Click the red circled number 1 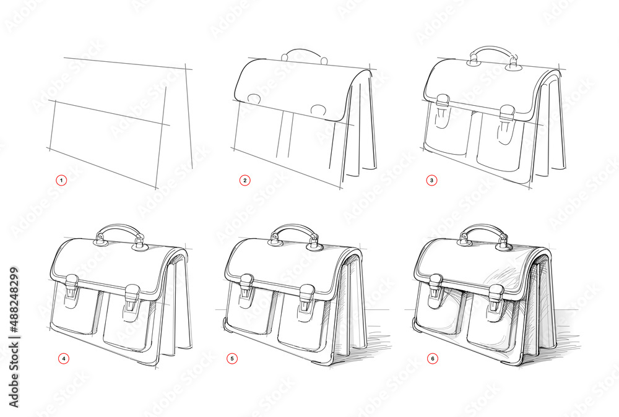(x=61, y=180)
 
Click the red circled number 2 (x=245, y=180)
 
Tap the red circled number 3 (x=432, y=180)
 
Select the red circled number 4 (x=61, y=358)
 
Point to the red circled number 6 (x=432, y=358)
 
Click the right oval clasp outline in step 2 (x=319, y=110)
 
